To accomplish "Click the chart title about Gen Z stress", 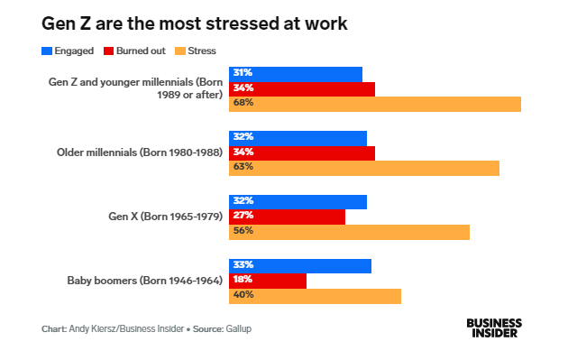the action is pos(195,23).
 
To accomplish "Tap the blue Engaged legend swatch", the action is pos(47,51).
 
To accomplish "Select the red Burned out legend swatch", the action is pos(108,51).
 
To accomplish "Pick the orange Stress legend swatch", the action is pos(180,51).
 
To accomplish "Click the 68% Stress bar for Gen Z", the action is pos(375,104).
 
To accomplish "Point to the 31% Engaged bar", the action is pos(296,74).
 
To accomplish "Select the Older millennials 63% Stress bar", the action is pos(364,168).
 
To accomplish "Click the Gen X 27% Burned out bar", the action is pos(287,217).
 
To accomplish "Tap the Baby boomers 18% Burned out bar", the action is pos(268,282).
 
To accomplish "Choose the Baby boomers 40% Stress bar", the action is pos(315,296).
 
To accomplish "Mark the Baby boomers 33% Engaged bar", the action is pos(300,266).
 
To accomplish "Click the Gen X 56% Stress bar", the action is pos(349,232).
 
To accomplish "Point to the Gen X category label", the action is pos(166,217).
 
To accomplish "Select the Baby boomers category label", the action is pos(145,281).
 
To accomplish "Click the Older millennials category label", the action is pos(140,152).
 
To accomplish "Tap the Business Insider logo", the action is pos(494,328).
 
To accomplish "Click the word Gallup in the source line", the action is pos(238,328).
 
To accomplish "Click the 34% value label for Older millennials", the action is pos(243,152).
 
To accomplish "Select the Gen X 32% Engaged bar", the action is pos(298,202).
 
